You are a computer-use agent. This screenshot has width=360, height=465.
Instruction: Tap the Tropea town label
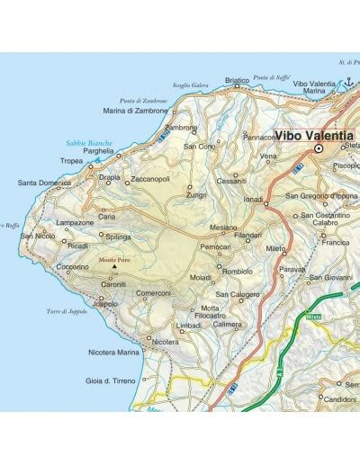(x=73, y=164)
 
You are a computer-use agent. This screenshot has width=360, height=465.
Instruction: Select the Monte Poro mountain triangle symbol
(x=114, y=267)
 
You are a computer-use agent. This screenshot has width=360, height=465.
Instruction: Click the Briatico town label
(x=237, y=81)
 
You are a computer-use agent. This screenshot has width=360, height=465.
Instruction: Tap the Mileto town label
(x=276, y=247)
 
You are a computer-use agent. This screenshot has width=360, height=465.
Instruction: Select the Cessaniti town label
(x=231, y=180)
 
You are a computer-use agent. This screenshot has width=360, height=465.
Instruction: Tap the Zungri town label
(x=196, y=193)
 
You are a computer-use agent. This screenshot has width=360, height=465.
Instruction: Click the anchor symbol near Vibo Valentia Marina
(x=351, y=82)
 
